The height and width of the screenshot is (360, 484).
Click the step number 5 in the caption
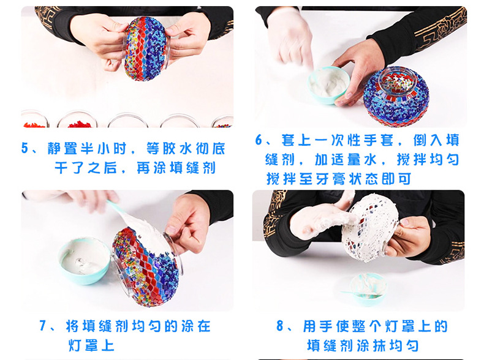coord(25,149)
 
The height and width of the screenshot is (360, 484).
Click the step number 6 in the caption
coord(260,140)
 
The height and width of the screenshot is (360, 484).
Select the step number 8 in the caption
coord(281,326)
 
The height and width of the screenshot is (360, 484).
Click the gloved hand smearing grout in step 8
coord(319,220)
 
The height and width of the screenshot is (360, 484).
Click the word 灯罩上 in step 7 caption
coord(89,345)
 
